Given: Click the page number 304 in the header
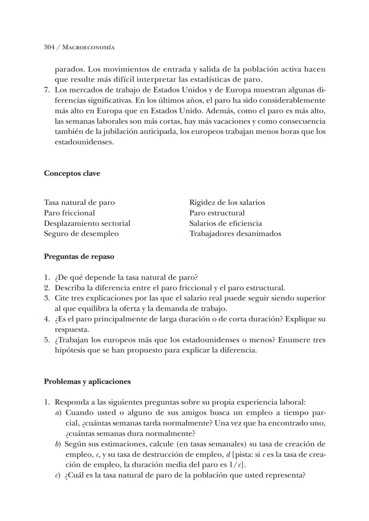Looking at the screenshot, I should pyautogui.click(x=49, y=48).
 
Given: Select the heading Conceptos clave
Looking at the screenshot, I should pyautogui.click(x=72, y=173).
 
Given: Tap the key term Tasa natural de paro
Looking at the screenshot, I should pyautogui.click(x=79, y=203).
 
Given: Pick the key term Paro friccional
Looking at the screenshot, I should pyautogui.click(x=69, y=213).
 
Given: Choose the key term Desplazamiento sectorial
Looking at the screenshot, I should pyautogui.click(x=87, y=223).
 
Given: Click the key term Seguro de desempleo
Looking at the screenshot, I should pyautogui.click(x=81, y=234).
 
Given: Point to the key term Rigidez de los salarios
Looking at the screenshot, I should pyautogui.click(x=227, y=203).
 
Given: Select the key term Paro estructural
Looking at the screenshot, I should pyautogui.click(x=217, y=213).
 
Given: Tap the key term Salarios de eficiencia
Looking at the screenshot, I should pyautogui.click(x=225, y=223).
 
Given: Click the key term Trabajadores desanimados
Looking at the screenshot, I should pyautogui.click(x=235, y=234).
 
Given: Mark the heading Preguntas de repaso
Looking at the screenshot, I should pyautogui.click(x=79, y=257).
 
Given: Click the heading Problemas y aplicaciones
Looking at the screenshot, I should pyautogui.click(x=87, y=381).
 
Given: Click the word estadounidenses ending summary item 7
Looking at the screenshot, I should pyautogui.click(x=84, y=142).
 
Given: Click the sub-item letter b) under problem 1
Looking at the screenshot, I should pyautogui.click(x=58, y=444).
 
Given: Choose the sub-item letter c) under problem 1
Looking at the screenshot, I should pyautogui.click(x=58, y=476).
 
